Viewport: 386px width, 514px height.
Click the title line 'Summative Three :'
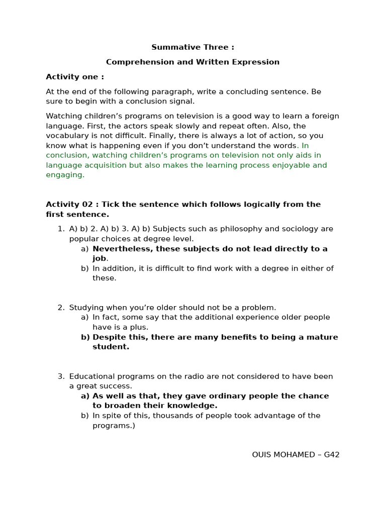point(192,47)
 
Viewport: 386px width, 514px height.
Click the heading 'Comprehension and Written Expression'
point(192,62)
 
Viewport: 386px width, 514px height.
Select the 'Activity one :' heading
point(75,77)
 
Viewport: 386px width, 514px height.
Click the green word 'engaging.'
point(65,175)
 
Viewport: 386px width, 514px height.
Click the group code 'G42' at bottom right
point(332,455)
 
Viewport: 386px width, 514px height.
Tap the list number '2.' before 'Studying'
point(61,308)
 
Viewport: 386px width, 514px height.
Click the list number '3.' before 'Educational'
point(61,376)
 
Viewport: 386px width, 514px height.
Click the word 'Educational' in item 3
point(92,376)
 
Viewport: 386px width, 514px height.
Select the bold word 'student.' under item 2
point(111,347)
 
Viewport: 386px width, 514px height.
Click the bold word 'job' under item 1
point(99,259)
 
